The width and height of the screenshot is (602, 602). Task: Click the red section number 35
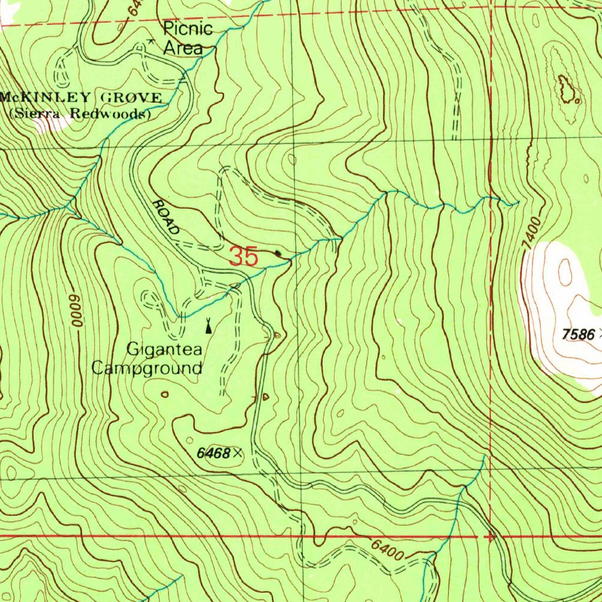click(x=243, y=257)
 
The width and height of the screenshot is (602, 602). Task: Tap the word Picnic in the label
click(x=188, y=29)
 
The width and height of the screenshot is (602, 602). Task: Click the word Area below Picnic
click(x=183, y=48)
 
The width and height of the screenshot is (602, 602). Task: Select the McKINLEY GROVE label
click(x=82, y=98)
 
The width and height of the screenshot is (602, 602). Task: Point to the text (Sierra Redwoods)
click(x=80, y=114)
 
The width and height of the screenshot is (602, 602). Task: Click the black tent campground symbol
click(x=208, y=324)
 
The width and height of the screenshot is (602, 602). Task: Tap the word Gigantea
click(x=165, y=350)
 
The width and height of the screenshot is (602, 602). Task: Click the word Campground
click(x=147, y=369)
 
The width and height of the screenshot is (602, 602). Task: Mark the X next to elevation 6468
click(x=237, y=453)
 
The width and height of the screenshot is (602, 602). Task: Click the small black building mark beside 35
click(x=278, y=254)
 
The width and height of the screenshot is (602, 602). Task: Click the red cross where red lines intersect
click(x=490, y=537)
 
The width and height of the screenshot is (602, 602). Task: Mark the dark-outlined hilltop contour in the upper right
click(x=567, y=89)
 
